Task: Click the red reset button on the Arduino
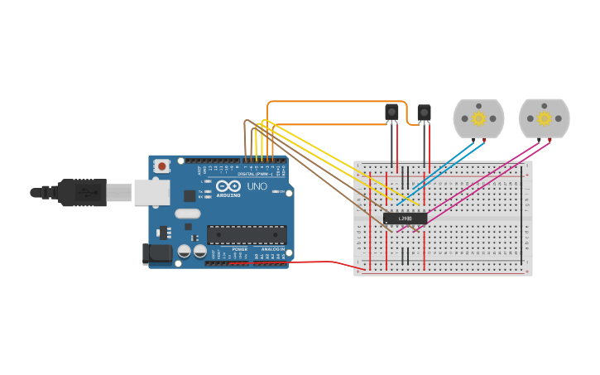pyautogui.click(x=162, y=166)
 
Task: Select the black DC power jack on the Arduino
pyautogui.click(x=157, y=254)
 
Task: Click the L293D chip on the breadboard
pyautogui.click(x=405, y=219)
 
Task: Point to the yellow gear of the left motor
pyautogui.click(x=479, y=118)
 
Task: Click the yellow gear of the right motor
pyautogui.click(x=544, y=118)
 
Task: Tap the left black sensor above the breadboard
pyautogui.click(x=391, y=112)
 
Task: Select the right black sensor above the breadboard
pyautogui.click(x=424, y=112)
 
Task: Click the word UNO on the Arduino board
pyautogui.click(x=257, y=187)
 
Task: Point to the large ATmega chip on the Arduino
pyautogui.click(x=247, y=235)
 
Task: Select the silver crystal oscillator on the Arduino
pyautogui.click(x=188, y=213)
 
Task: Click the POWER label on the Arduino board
pyautogui.click(x=239, y=248)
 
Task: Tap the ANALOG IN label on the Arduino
pyautogui.click(x=273, y=248)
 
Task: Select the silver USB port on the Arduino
pyautogui.click(x=152, y=192)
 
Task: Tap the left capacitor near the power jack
pyautogui.click(x=185, y=250)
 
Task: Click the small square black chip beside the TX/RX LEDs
pyautogui.click(x=190, y=196)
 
